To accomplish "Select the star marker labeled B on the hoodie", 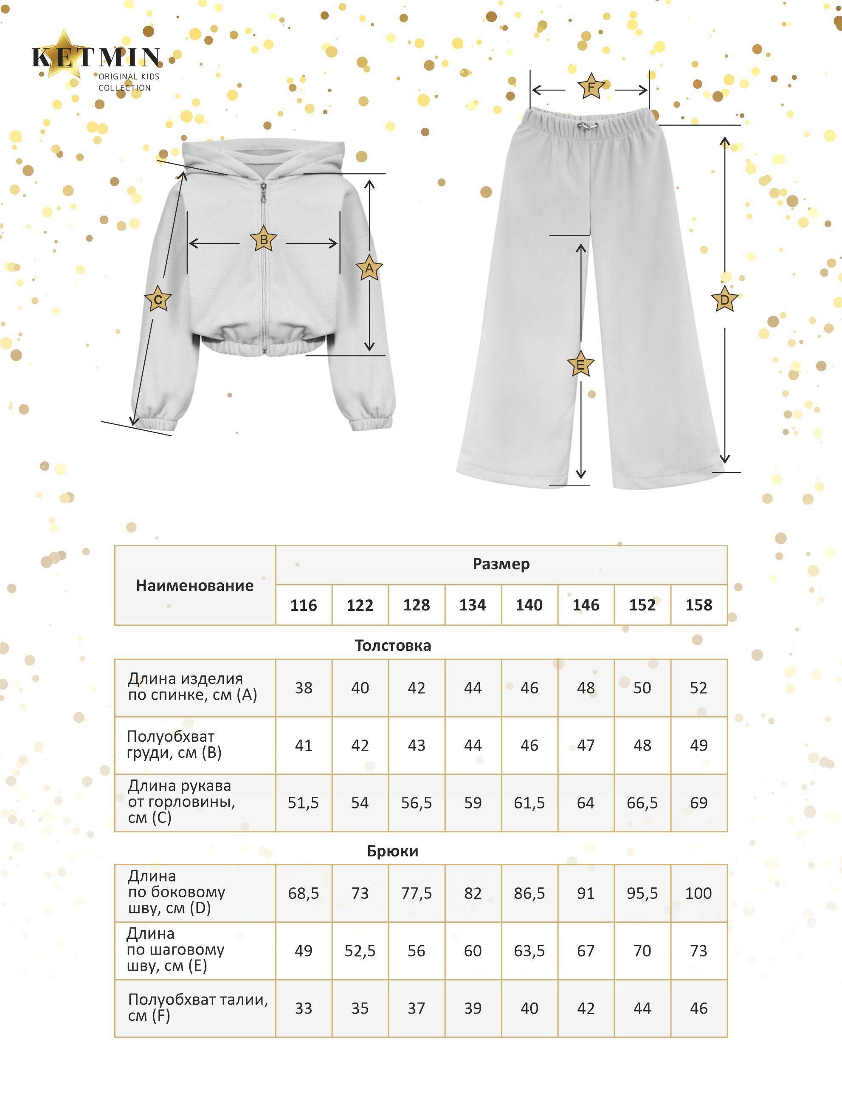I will pos(264,240).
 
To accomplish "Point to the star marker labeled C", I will pos(158,300).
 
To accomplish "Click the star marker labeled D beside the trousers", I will pos(725,300).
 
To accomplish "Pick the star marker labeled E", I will pos(580,364).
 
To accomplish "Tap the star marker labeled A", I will pos(369,268).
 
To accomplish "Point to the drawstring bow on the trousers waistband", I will pos(584,126).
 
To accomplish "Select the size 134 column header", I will pos(473,605).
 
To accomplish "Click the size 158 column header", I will pos(698,605).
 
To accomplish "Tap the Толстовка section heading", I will pos(392,645).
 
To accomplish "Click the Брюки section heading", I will pos(392,851).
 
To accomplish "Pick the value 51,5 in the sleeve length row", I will pos(303,803).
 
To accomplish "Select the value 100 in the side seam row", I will pos(698,893).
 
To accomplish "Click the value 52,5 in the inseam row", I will pos(360,951).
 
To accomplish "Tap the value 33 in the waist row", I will pos(303,1008).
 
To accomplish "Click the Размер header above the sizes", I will pos(501,564).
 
